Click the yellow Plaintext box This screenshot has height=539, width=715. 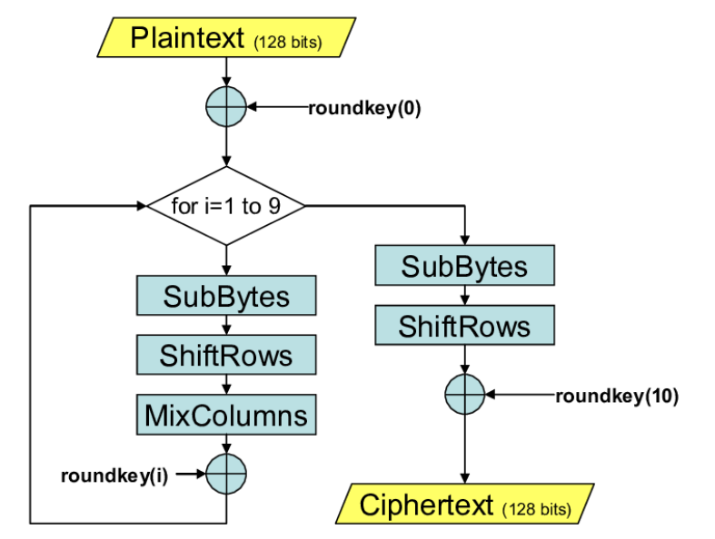(226, 38)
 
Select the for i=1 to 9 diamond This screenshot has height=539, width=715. (226, 205)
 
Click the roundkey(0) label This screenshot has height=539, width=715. (364, 107)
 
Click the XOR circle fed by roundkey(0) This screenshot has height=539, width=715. (226, 107)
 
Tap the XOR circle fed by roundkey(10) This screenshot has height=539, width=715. (465, 395)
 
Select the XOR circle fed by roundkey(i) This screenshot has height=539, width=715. (226, 474)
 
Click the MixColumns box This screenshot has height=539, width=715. (226, 416)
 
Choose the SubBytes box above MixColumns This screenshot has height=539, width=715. (226, 297)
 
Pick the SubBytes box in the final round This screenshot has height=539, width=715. (464, 266)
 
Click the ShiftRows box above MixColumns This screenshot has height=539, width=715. (226, 355)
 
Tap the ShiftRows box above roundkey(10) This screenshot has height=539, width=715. (464, 325)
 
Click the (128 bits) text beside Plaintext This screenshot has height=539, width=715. (287, 42)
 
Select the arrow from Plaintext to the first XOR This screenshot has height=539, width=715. (226, 72)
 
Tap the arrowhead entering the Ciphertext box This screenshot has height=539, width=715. (465, 479)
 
